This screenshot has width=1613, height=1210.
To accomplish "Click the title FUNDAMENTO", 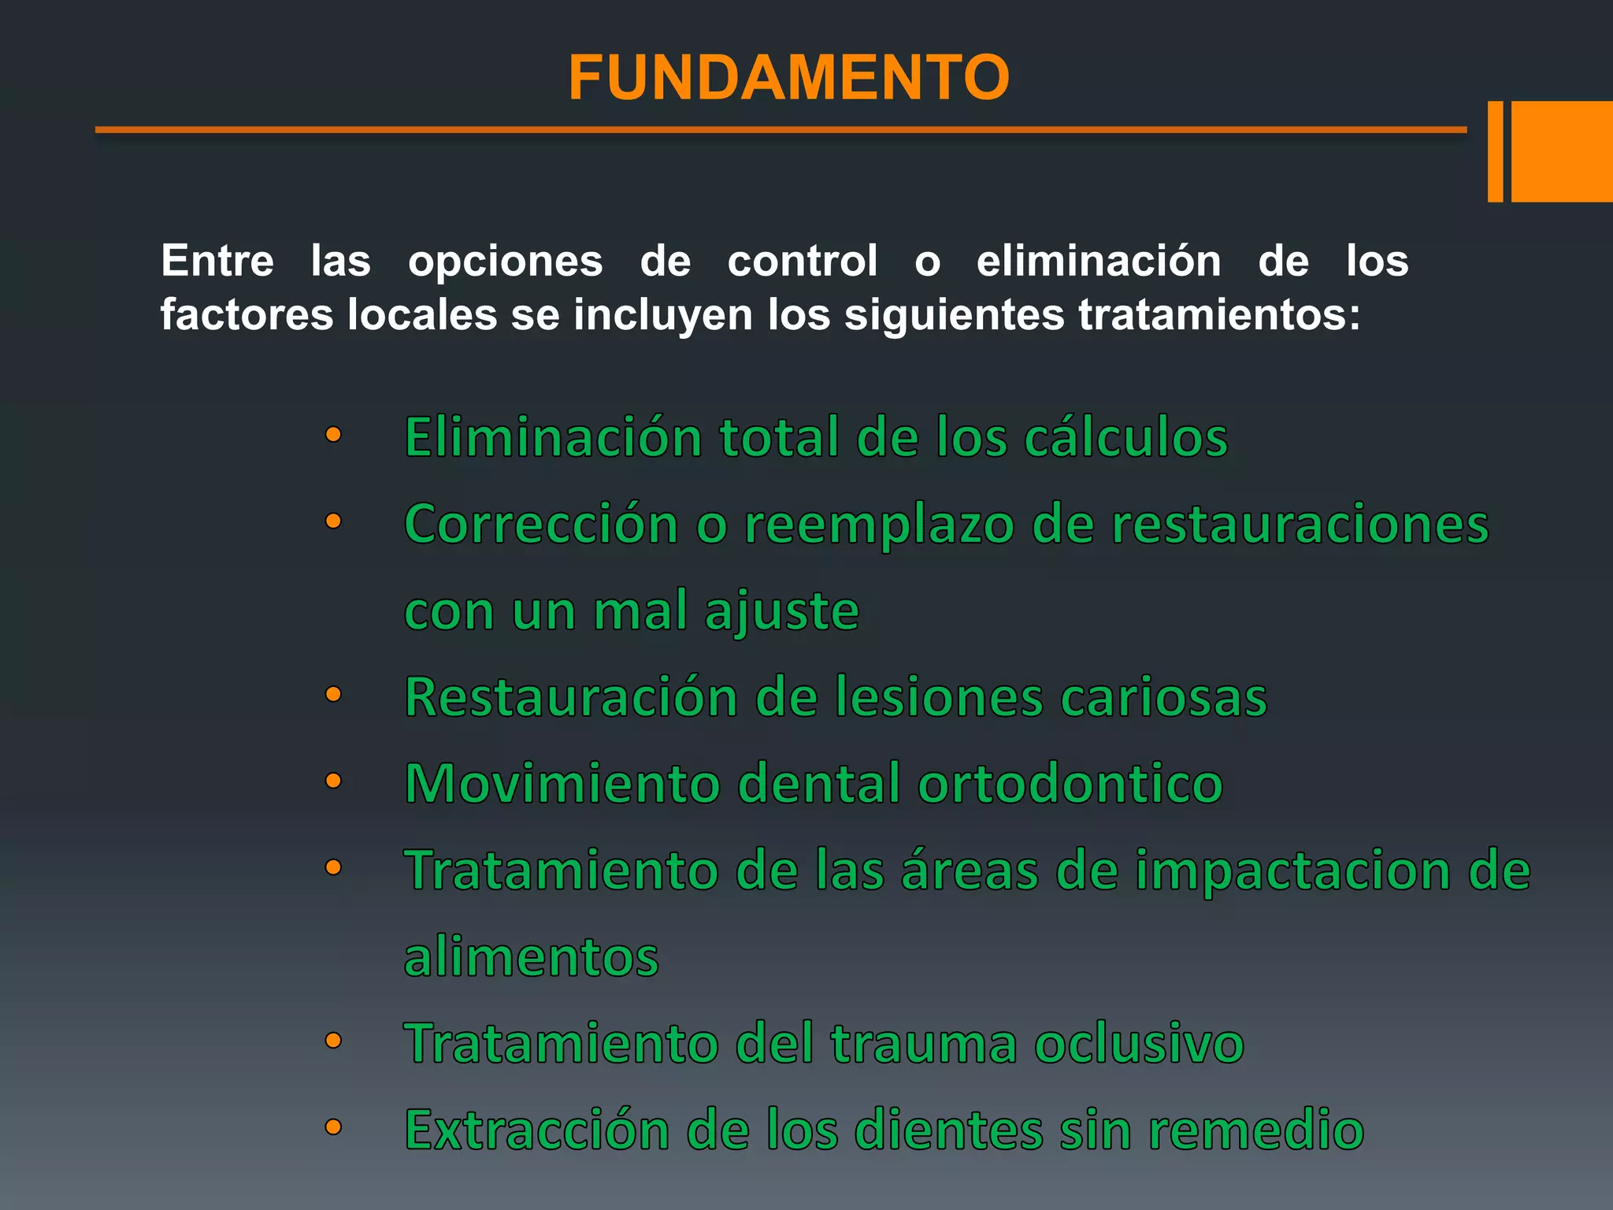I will click(788, 78).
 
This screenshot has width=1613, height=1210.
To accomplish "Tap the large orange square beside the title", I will click(1562, 151).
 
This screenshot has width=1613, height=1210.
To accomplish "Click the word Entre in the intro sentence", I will click(217, 261).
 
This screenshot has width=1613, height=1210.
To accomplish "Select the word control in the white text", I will click(802, 261).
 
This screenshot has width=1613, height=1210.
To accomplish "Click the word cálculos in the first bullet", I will click(1125, 438).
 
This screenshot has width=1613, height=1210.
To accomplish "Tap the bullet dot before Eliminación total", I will click(333, 435).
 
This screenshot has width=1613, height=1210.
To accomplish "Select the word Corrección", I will click(542, 525).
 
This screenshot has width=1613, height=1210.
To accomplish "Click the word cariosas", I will click(1163, 698).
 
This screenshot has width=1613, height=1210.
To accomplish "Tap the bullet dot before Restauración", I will click(333, 695).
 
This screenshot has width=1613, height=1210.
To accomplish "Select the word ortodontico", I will click(1070, 785).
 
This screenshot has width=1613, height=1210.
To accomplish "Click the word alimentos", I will click(531, 958).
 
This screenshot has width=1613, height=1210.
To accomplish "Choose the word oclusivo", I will click(1138, 1045).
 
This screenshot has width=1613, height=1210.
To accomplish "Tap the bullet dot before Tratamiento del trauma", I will click(333, 1041).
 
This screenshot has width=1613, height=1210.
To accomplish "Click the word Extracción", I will click(536, 1131).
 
